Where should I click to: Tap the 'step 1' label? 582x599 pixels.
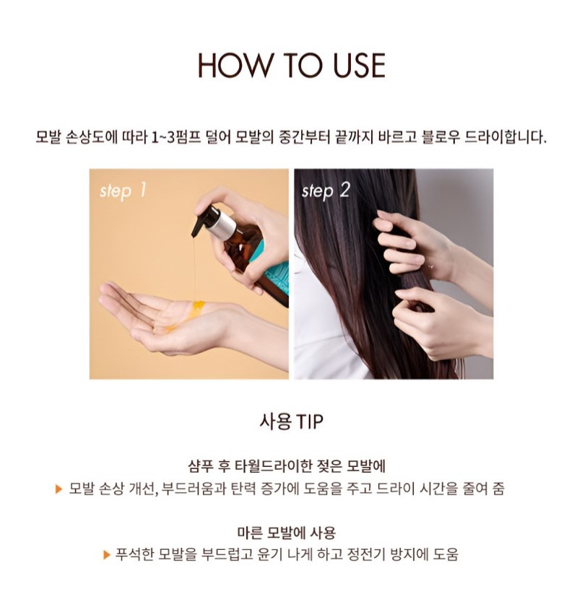click(x=123, y=191)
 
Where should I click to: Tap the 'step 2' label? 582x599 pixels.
click(x=326, y=191)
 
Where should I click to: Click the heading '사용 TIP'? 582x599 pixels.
click(x=291, y=421)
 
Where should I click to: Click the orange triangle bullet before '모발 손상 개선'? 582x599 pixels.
click(x=58, y=489)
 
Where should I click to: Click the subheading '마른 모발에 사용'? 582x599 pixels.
click(x=286, y=532)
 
